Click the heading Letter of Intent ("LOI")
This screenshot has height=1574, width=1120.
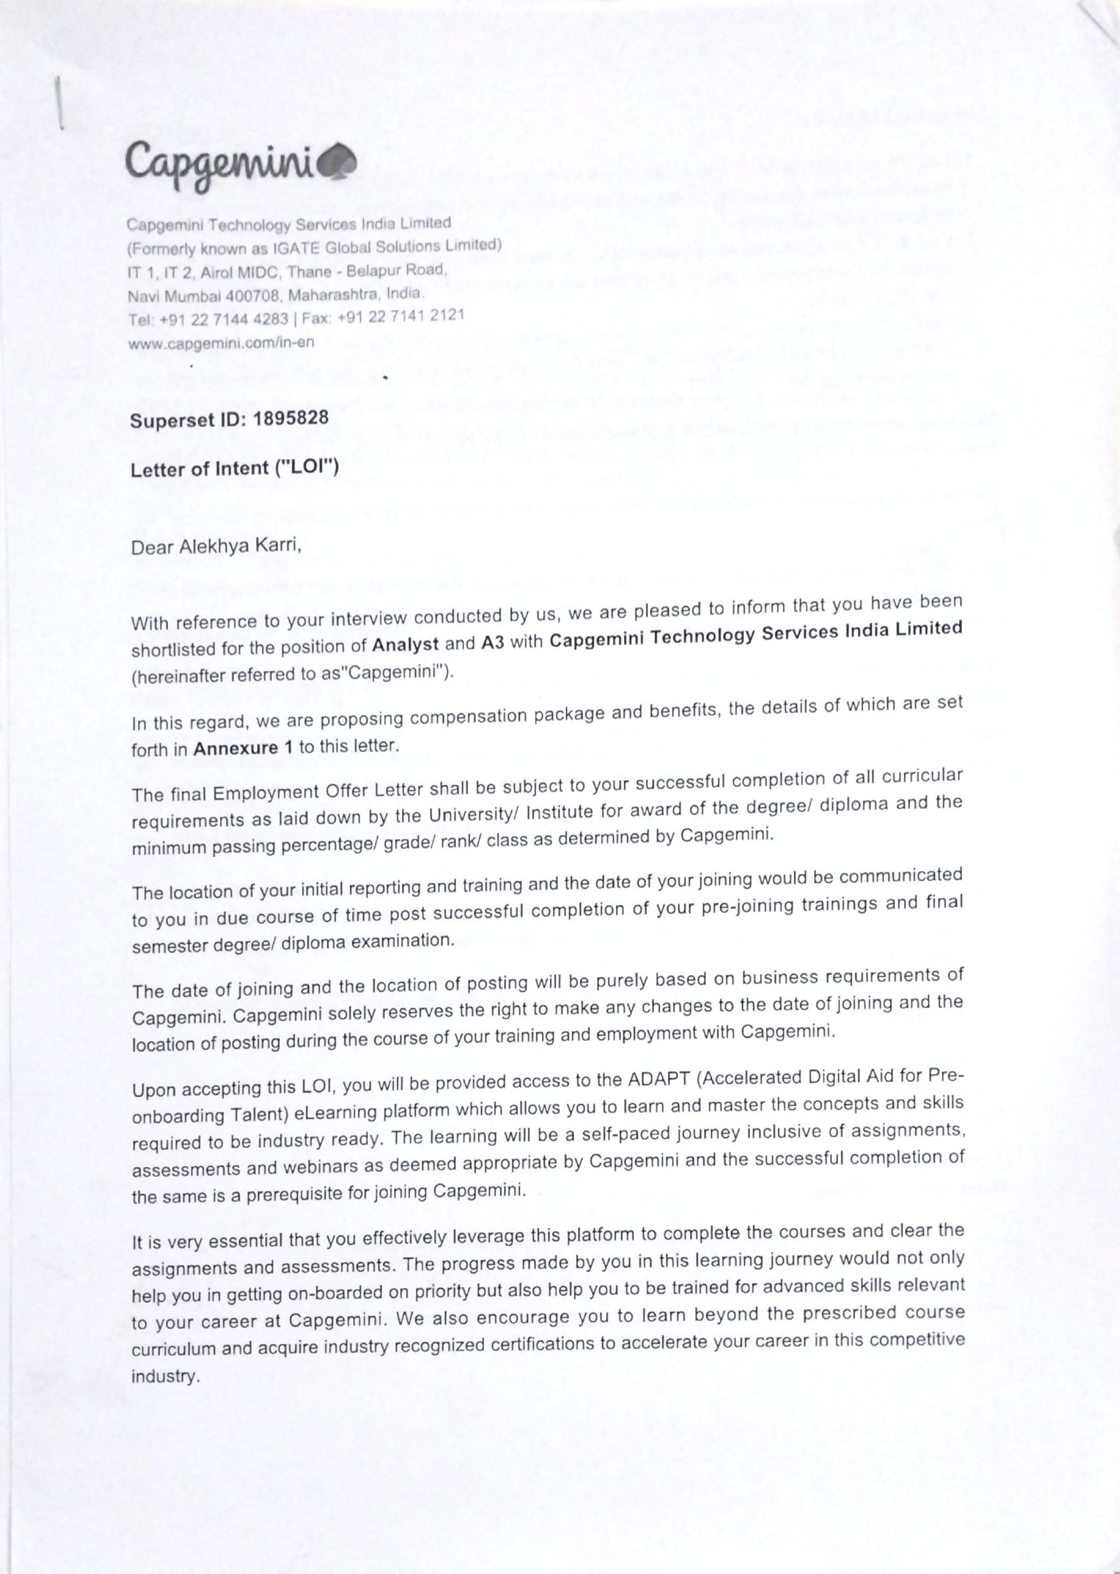point(235,469)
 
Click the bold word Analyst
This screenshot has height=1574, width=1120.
point(405,645)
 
